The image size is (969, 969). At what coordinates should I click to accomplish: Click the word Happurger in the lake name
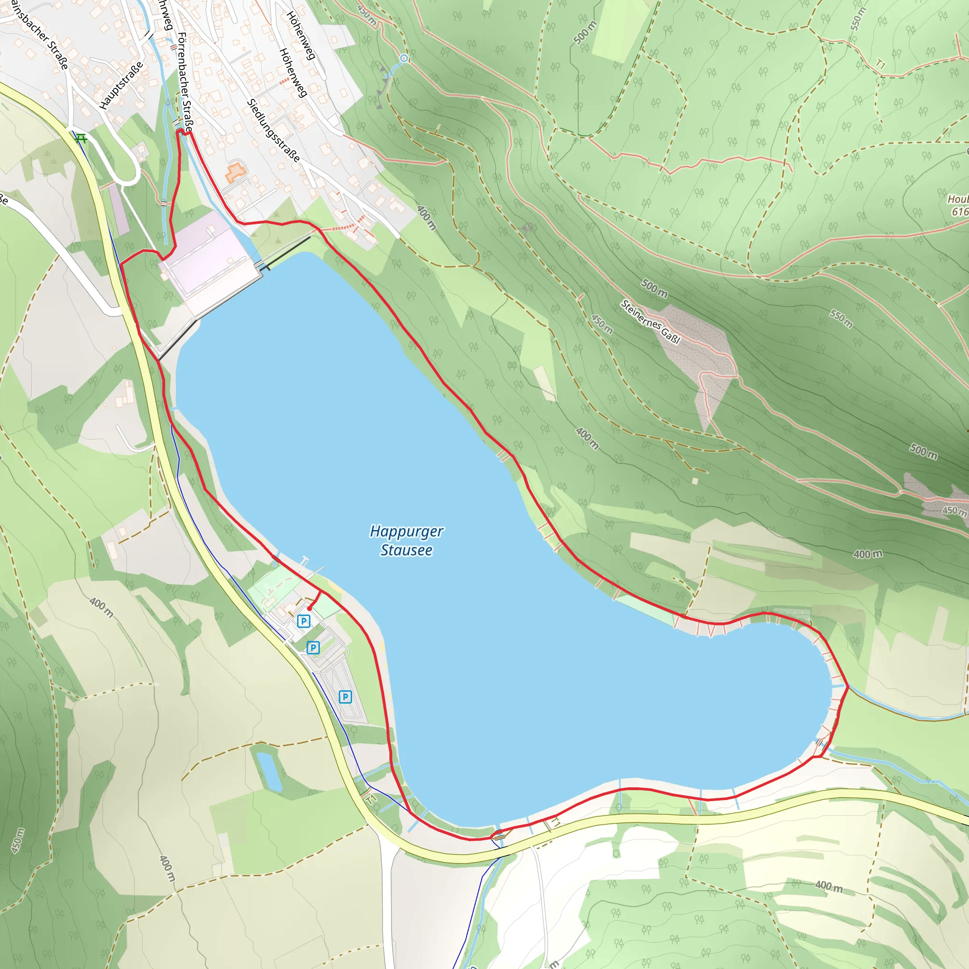406,532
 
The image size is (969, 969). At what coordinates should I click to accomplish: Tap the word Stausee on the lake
406,550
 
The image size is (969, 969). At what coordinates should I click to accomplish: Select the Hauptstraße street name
121,85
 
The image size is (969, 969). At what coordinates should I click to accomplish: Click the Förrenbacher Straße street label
185,83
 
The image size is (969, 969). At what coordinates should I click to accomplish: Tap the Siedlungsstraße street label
273,131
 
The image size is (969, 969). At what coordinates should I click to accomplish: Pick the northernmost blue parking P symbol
303,621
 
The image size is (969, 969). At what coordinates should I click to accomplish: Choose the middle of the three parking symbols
313,648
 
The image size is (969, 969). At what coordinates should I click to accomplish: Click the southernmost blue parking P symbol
345,696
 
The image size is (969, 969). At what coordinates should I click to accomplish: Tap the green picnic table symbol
81,138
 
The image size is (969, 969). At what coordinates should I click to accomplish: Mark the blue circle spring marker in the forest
404,59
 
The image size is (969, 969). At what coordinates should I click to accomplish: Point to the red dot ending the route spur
309,608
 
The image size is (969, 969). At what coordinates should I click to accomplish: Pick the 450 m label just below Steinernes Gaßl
602,324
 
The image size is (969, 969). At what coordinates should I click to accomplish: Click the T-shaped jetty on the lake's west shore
305,560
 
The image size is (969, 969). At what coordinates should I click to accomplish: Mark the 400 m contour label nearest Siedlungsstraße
427,218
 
